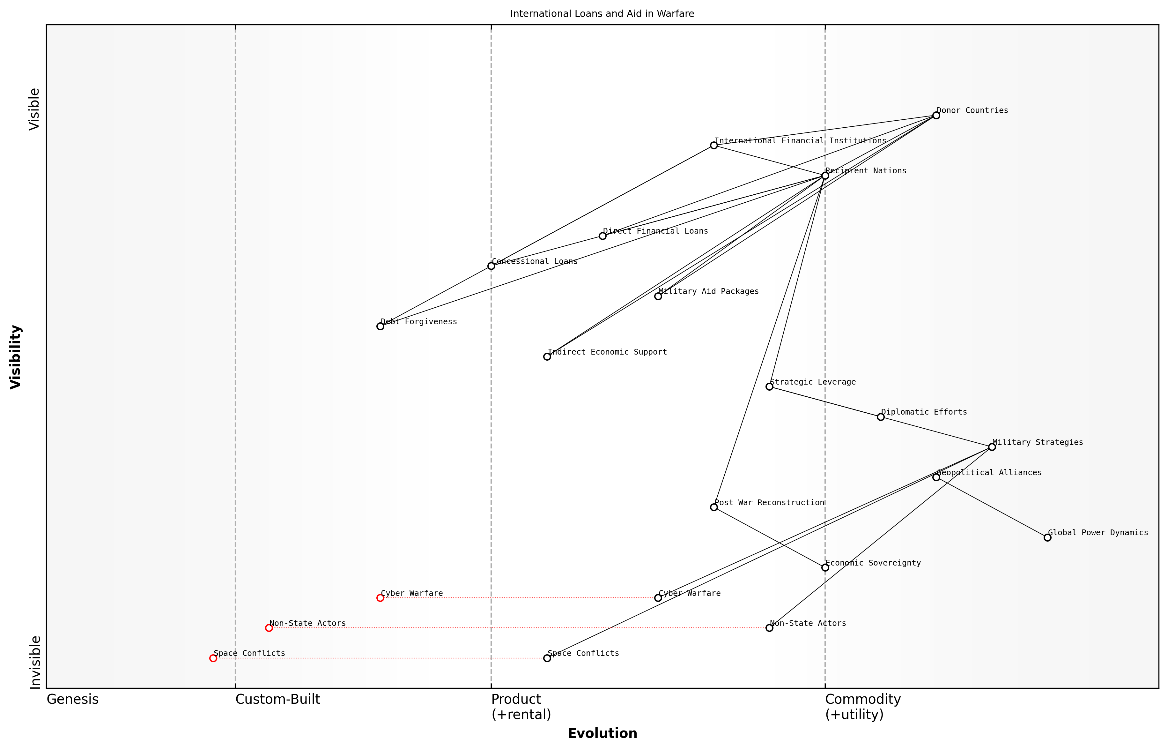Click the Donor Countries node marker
coord(936,116)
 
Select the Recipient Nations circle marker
coord(825,176)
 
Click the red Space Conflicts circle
coord(213,658)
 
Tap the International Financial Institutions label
coord(800,141)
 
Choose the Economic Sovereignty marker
coord(825,567)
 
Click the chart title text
coord(602,14)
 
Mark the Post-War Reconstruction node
coord(714,507)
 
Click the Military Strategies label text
coord(1038,442)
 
